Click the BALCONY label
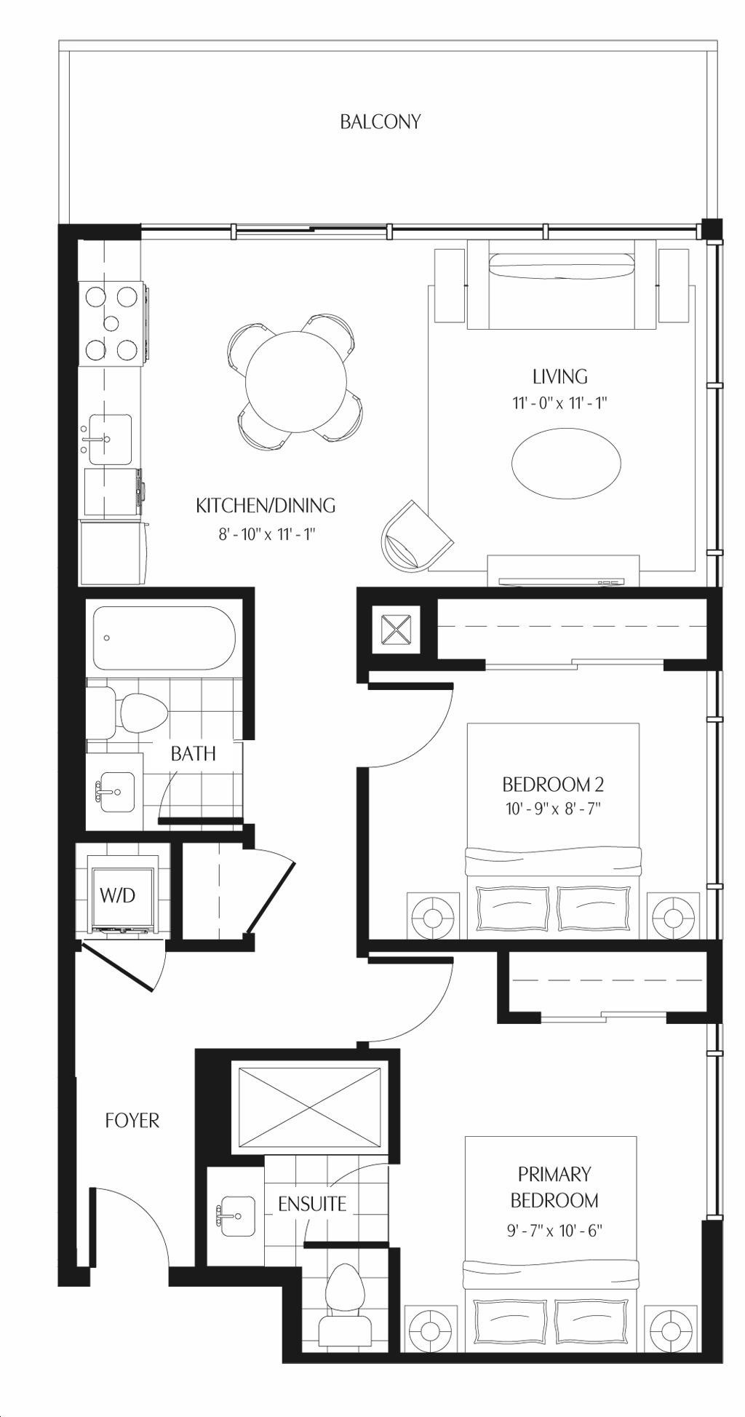pos(380,122)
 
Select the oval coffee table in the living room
pos(567,462)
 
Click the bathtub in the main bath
pos(164,638)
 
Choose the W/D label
pos(118,894)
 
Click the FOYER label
pos(132,1120)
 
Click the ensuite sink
pos(235,1215)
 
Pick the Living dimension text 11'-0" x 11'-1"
pos(559,402)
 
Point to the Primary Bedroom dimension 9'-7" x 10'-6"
pos(554,1231)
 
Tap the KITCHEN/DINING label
pos(266,505)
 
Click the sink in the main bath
pos(116,791)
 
